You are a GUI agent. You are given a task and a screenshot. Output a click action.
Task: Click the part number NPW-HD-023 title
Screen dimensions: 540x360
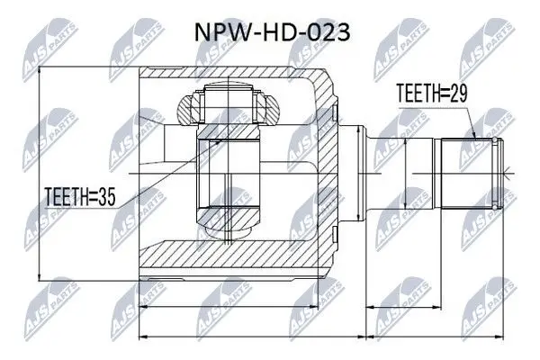tap(273, 33)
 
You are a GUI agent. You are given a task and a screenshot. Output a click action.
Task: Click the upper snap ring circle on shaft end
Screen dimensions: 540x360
tap(495, 140)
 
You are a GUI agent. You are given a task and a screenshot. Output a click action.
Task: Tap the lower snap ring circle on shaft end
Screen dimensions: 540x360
tap(495, 207)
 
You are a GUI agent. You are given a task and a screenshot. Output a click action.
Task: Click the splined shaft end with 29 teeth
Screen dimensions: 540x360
tap(469, 174)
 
